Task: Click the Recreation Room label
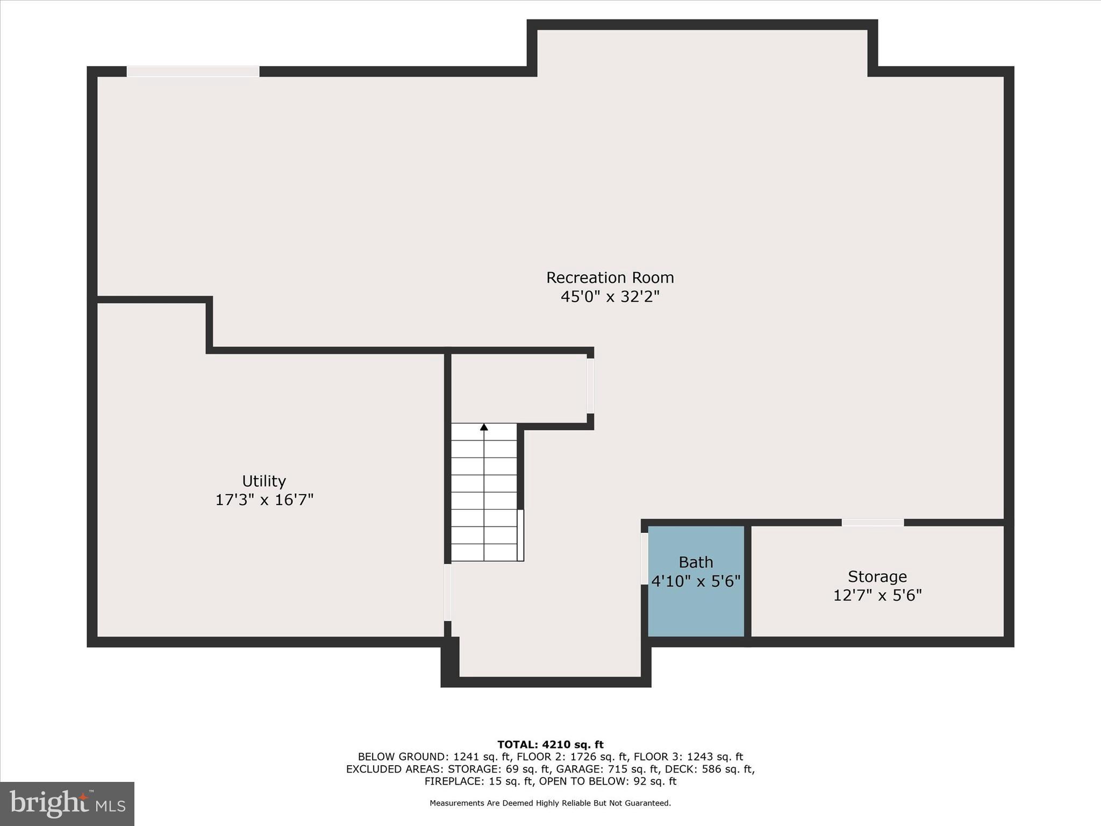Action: coord(610,277)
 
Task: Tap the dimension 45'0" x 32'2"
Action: coord(610,296)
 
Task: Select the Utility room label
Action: coord(263,481)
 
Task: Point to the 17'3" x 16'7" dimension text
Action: coord(264,500)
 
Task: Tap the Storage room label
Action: coord(877,576)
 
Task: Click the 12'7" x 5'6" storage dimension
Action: coord(877,595)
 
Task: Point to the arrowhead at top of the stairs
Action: coord(484,427)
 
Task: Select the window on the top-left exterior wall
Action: coord(193,72)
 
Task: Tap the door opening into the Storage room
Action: coord(873,523)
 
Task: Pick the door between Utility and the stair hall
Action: coord(447,592)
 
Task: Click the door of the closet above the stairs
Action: coord(590,386)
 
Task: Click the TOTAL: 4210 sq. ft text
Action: coord(550,745)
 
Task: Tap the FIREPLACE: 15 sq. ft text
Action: coord(478,781)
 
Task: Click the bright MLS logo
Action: coord(67,803)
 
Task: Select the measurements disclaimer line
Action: coord(550,803)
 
